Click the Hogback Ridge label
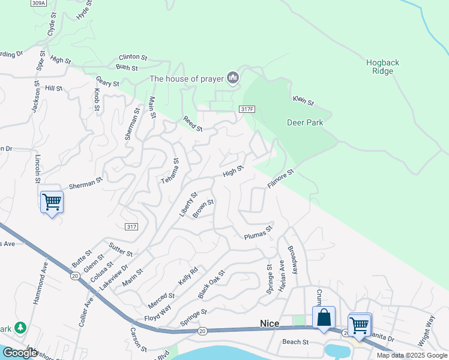point(382,67)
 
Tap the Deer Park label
point(305,122)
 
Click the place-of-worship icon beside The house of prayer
point(233,78)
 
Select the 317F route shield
point(247,109)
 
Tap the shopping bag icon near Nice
point(324,317)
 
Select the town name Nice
point(270,323)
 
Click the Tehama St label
point(169,171)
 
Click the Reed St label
point(193,124)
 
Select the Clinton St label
point(133,57)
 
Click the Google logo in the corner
point(20,353)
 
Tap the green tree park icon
point(21,327)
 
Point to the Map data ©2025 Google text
point(412,355)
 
